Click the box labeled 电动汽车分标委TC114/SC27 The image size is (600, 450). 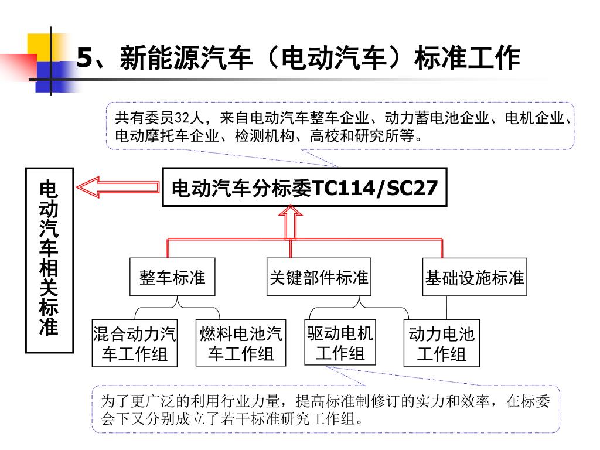[304, 189]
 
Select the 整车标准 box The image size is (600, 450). [172, 277]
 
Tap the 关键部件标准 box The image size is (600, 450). [319, 277]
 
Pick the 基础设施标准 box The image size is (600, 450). [475, 277]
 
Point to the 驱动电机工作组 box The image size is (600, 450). [340, 343]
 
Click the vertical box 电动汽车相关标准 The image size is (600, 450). [49, 261]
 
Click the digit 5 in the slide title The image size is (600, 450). [86, 58]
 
